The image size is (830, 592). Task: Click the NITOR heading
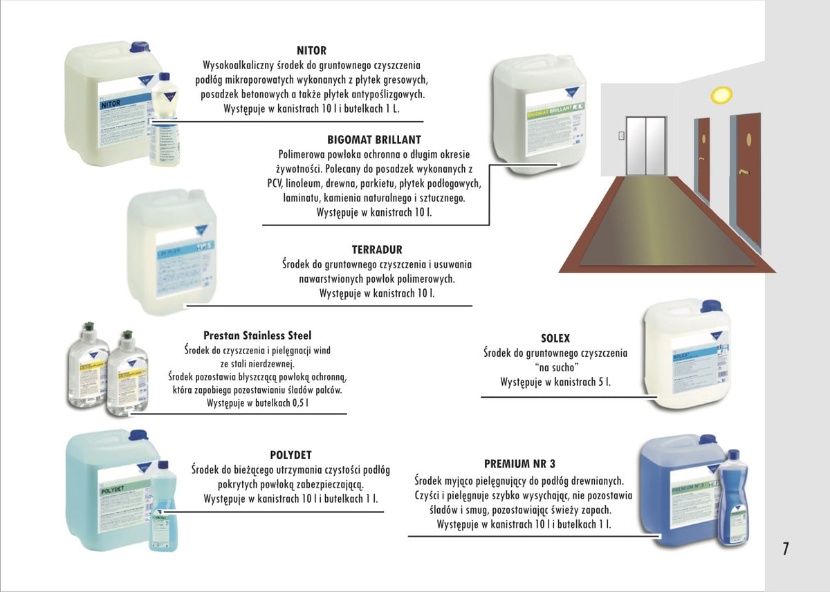pyautogui.click(x=311, y=50)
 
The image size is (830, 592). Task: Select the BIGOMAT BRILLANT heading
pyautogui.click(x=374, y=140)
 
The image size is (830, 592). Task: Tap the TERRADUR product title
pyautogui.click(x=377, y=250)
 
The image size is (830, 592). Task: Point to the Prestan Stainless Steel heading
pyautogui.click(x=257, y=335)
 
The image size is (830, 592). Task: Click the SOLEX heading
pyautogui.click(x=555, y=338)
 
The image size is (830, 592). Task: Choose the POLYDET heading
pyautogui.click(x=290, y=455)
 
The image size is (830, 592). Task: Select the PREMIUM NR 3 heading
pyautogui.click(x=519, y=463)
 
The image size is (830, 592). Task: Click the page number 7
pyautogui.click(x=785, y=549)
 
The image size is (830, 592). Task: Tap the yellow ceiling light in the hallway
pyautogui.click(x=721, y=93)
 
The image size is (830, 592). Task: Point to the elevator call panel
pyautogui.click(x=622, y=136)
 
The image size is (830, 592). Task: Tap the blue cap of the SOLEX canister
pyautogui.click(x=710, y=306)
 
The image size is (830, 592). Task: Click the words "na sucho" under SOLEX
pyautogui.click(x=555, y=367)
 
